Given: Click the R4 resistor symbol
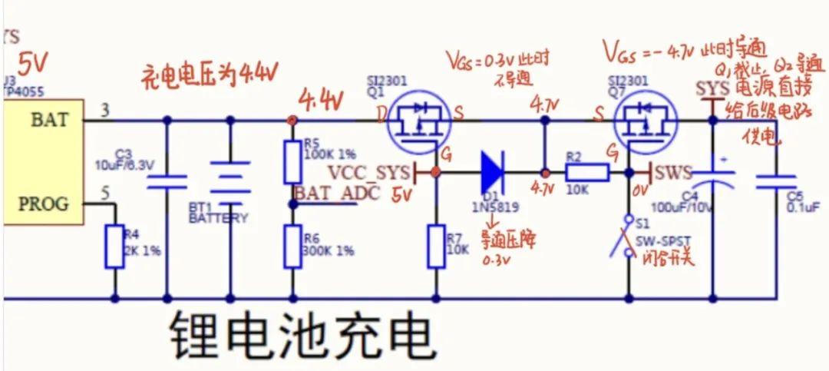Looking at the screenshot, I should pos(115,246).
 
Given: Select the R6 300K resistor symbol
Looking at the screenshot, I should pos(292,246).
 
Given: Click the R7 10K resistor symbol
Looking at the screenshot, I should pos(437,246).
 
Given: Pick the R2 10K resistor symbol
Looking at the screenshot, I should pos(587,173).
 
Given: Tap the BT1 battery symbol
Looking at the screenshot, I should pos(230,181).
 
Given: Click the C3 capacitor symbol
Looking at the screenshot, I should pos(167,181).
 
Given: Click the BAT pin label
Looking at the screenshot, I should pos(49,120).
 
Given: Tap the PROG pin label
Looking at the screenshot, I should pos(43,204).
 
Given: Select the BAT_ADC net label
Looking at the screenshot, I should pos(338,193).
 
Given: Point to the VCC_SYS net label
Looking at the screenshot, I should pos(366,171).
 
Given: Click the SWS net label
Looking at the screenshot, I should pos(674,172).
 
